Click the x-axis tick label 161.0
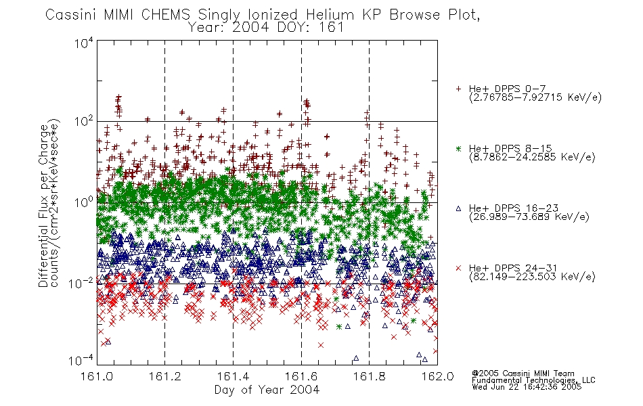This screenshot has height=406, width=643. coord(97,376)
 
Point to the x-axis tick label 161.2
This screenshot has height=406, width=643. coord(165,376)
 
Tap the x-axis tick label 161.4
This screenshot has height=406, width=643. coord(233,376)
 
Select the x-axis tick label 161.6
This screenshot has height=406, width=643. coord(301,376)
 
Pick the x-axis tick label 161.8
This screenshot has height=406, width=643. coord(369,376)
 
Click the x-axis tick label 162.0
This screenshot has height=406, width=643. coord(437,376)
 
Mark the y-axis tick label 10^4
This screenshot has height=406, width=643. coord(84,43)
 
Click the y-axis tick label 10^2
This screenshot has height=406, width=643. coord(84,122)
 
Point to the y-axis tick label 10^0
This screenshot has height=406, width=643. coord(84,203)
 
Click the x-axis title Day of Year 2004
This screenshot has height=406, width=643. coord(267,390)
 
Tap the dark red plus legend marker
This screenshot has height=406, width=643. coord(458,89)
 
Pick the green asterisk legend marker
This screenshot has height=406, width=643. coord(458,148)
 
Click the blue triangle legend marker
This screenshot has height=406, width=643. coord(458,208)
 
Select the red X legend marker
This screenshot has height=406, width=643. coord(458,268)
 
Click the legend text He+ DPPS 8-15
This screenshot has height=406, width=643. coord(510,148)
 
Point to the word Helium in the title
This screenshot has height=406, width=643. coord(330,15)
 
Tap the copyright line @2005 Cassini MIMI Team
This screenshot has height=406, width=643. coord(523,374)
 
